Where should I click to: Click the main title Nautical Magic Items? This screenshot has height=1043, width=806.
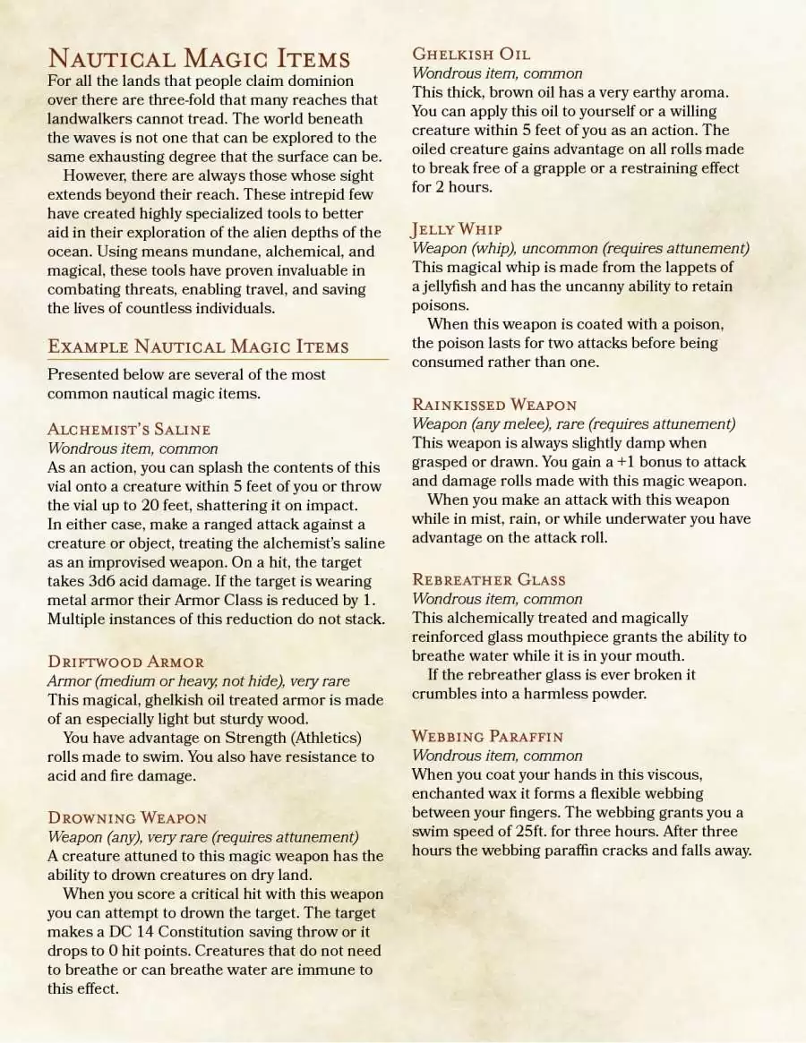click(x=199, y=59)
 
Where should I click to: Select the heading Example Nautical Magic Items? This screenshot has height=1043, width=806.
click(x=198, y=346)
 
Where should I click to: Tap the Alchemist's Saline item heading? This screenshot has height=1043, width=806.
click(x=129, y=429)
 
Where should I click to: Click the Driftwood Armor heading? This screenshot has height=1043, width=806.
click(x=125, y=663)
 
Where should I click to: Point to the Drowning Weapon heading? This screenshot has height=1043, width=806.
click(x=127, y=818)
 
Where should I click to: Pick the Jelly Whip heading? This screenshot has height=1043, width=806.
click(x=457, y=229)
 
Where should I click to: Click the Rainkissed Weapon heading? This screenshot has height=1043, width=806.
click(x=494, y=405)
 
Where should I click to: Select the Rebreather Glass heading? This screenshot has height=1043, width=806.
click(x=489, y=579)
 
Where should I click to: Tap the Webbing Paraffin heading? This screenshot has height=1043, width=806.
click(x=487, y=736)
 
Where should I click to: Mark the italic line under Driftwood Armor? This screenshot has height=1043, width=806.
click(x=198, y=681)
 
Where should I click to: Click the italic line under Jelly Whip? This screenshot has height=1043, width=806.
click(x=580, y=248)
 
